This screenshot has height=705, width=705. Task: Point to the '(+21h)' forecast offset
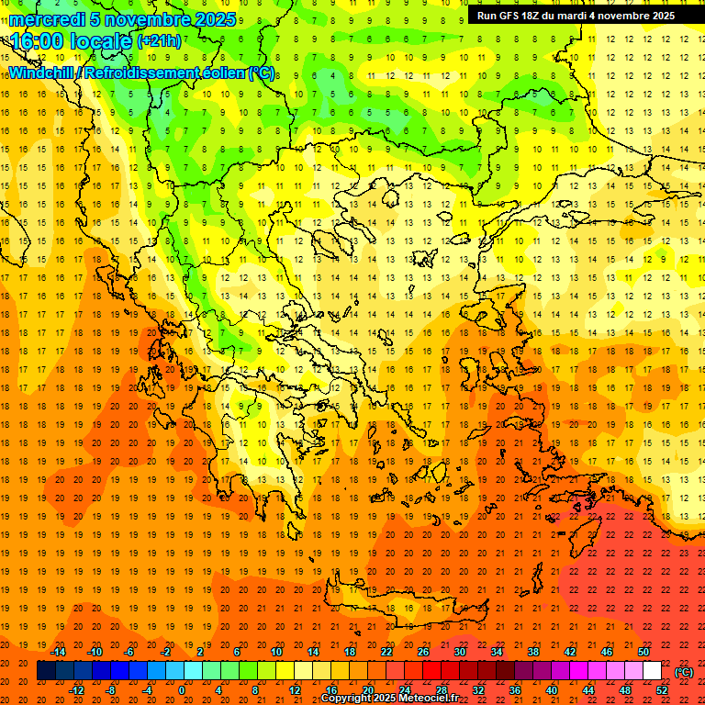coord(159,41)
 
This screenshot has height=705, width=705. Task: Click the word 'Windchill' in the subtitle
coord(43,73)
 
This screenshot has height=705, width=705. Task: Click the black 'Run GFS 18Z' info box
coord(576,16)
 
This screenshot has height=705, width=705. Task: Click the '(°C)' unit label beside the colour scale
coord(684,672)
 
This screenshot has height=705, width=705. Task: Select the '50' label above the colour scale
coord(643,652)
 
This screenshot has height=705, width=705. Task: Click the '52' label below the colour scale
coord(662,689)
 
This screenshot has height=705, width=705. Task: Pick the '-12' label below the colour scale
coord(76,689)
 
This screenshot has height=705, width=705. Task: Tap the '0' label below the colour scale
coord(182,689)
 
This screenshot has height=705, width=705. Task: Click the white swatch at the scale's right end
coord(652,671)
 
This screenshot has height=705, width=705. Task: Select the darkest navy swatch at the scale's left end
coord(46,671)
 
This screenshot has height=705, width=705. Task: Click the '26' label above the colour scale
coord(423,652)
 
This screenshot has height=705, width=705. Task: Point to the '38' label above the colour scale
coord(533,652)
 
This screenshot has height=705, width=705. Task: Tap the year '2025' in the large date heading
coord(215,19)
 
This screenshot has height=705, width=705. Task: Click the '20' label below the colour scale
coord(368,689)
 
